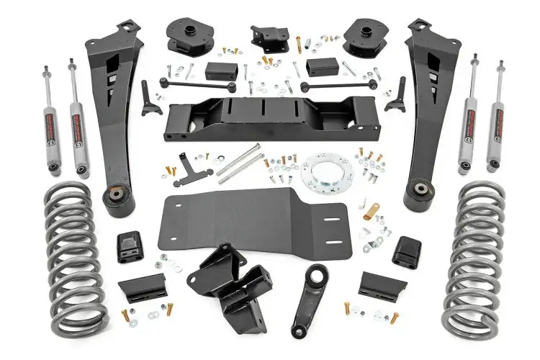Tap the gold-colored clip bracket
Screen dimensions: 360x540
point(372,212)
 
